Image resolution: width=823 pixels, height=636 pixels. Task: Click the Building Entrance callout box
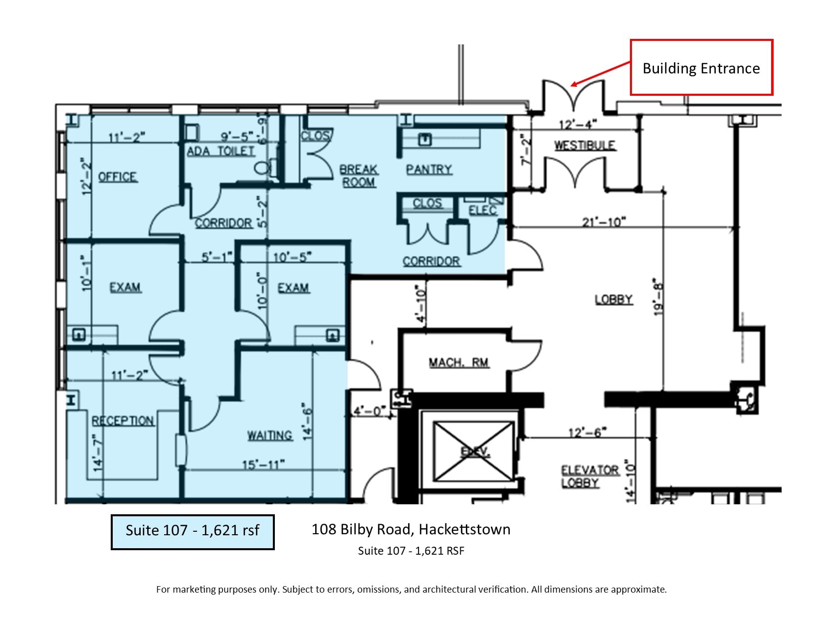coord(701,68)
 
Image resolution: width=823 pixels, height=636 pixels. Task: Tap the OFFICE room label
coord(118,177)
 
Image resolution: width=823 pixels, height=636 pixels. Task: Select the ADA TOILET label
coord(221,151)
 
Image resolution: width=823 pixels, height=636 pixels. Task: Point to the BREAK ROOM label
coord(359,176)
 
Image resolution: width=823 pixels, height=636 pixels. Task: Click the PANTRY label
coord(429,170)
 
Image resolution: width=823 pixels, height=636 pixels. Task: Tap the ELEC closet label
coord(482,211)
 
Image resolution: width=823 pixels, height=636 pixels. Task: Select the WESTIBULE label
coord(585,146)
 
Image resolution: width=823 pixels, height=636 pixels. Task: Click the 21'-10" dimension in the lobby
coord(604,221)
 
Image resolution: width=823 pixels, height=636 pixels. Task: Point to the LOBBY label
coord(614,299)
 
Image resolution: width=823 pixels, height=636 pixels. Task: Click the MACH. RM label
coord(459,363)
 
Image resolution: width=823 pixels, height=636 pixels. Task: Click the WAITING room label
coord(270,435)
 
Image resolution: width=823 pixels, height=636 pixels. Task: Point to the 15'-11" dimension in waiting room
coord(263,464)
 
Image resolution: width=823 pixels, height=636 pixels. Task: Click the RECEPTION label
coord(123,421)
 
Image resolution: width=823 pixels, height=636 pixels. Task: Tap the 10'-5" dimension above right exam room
coord(292,257)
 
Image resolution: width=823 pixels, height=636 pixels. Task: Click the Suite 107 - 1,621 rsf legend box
coord(193,532)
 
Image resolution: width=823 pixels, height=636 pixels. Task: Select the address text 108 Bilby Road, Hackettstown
coord(411,529)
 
